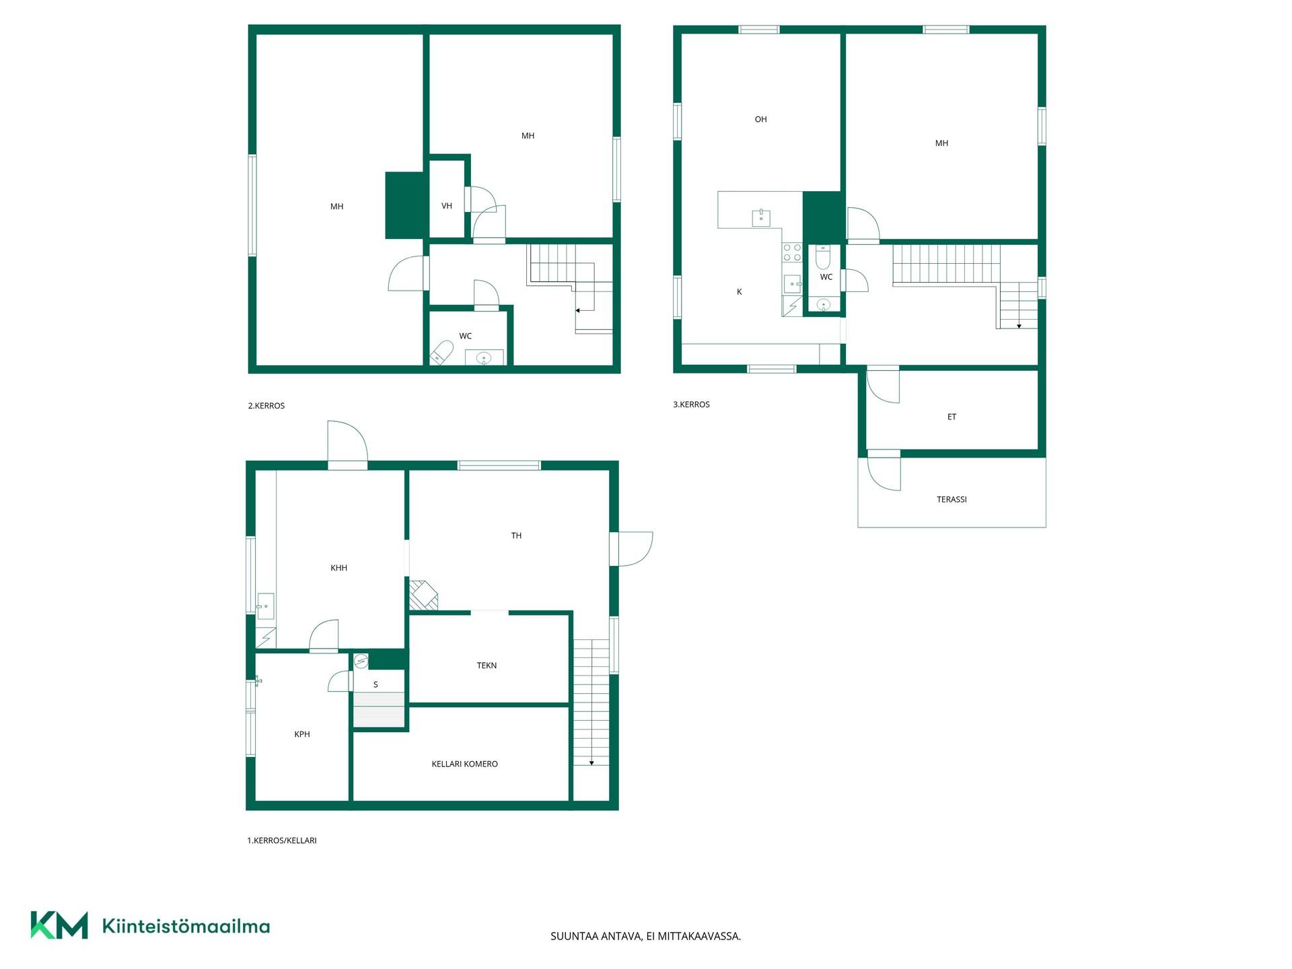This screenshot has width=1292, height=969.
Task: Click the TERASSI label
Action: [952, 499]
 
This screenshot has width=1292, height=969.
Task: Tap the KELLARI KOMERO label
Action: [464, 764]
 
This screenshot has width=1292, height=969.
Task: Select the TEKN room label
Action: [487, 666]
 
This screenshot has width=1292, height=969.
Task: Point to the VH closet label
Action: [447, 206]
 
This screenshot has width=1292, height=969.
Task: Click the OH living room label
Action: [760, 119]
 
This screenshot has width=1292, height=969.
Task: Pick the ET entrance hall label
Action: [952, 417]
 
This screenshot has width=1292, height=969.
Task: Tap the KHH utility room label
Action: [338, 568]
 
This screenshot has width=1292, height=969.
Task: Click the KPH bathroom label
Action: [302, 734]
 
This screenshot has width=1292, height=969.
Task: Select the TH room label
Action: [516, 536]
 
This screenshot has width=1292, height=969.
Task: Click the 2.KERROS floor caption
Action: [266, 406]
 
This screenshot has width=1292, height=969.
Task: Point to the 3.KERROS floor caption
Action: [691, 404]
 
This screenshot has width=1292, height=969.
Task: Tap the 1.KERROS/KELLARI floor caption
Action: [282, 840]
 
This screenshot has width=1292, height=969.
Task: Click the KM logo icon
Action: [59, 925]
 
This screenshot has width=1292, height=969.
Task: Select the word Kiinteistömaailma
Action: [186, 926]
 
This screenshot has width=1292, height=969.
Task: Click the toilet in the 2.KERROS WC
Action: [441, 352]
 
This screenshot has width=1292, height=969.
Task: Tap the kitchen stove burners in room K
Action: [792, 252]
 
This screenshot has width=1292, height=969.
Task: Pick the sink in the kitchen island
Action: [761, 217]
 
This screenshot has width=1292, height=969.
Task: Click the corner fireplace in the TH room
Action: [423, 596]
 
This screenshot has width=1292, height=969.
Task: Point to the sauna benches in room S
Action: [380, 709]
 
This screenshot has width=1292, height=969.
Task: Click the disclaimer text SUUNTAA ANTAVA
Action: [596, 936]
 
